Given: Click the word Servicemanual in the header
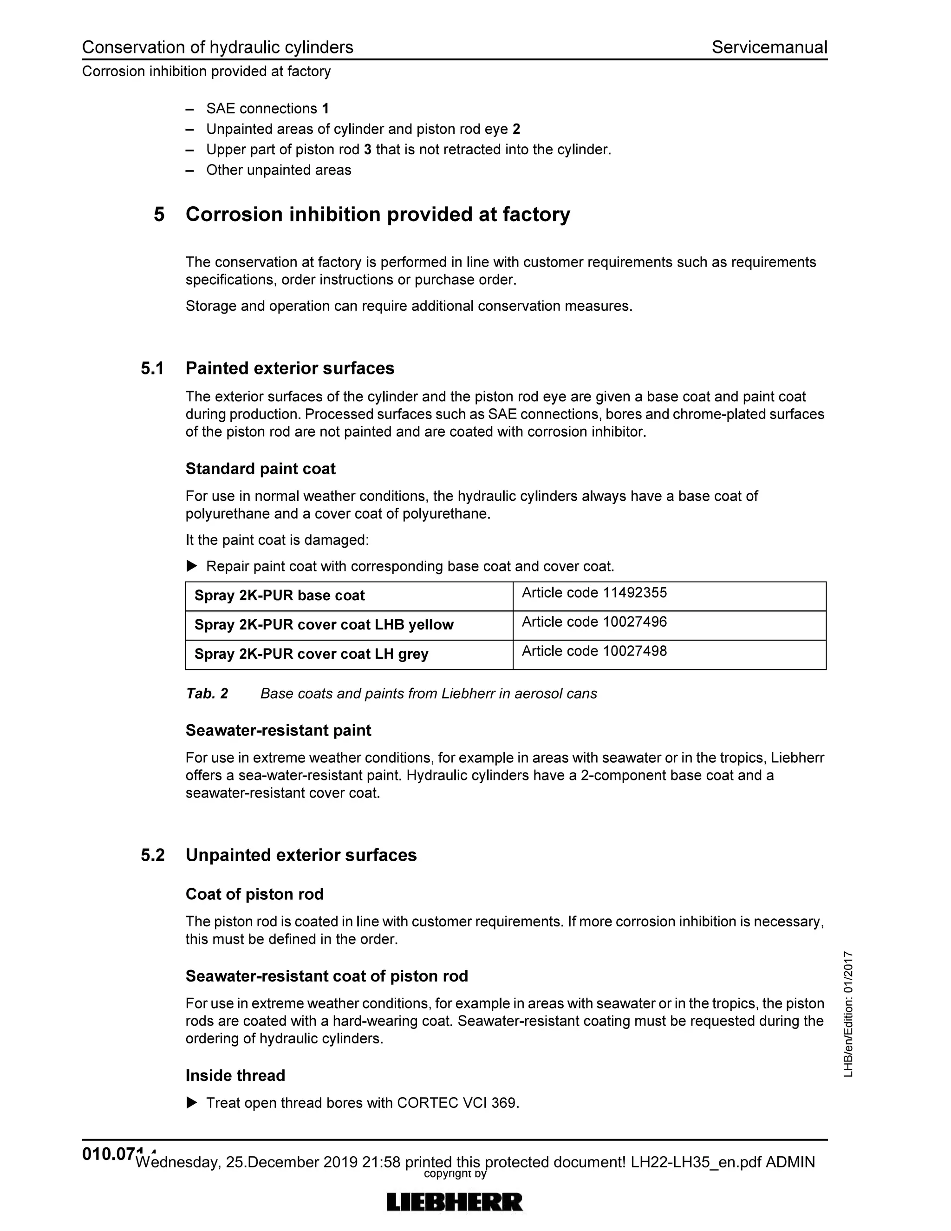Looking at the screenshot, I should click(769, 47).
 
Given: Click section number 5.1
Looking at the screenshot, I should click(152, 369).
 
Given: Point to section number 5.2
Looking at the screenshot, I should click(152, 856).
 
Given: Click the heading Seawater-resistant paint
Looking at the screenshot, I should click(278, 731).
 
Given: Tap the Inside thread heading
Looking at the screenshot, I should click(235, 1075).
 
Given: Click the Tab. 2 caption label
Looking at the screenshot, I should click(207, 694).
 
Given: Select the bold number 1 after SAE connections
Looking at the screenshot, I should click(325, 108).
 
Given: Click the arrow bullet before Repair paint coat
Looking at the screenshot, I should click(192, 565).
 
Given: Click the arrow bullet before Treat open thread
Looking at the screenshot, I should click(192, 1102).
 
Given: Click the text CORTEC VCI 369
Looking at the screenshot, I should click(457, 1103).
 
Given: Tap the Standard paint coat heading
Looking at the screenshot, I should click(261, 469).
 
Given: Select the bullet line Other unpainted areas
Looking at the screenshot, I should click(278, 170).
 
